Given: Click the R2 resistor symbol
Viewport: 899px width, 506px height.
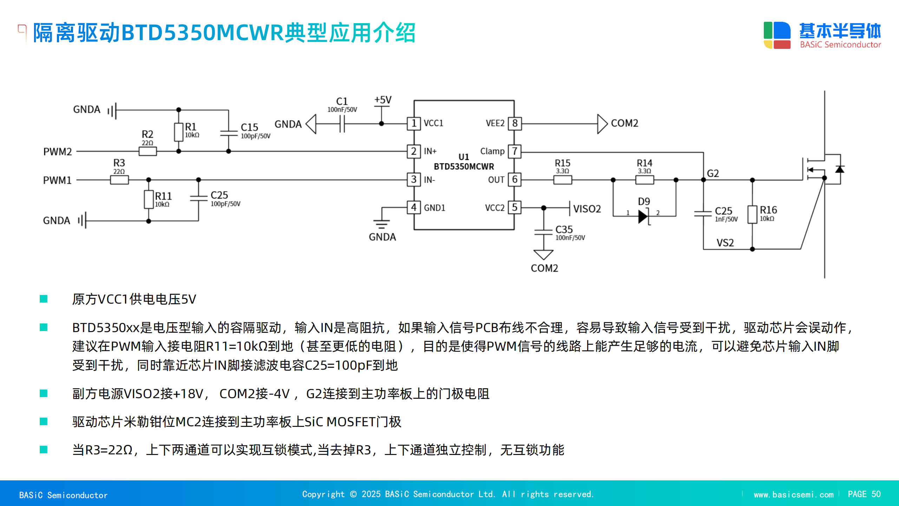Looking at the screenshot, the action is (147, 151).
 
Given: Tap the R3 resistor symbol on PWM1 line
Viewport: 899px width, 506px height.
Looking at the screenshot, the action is (119, 180).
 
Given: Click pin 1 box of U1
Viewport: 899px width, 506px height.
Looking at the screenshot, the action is (414, 123).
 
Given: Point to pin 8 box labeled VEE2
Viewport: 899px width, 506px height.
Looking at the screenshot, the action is (515, 123).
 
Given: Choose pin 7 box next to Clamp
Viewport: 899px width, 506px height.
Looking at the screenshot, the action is (515, 151).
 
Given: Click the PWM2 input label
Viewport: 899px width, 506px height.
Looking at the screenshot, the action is (58, 152).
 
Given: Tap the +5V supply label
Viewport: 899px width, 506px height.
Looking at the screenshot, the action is (383, 100).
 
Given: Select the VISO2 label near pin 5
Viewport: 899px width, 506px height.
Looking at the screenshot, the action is (587, 209).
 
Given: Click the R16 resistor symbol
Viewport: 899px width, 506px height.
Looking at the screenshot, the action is (752, 214).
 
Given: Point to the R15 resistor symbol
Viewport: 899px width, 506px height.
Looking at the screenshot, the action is (563, 180).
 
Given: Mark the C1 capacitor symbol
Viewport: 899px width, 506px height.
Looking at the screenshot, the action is (342, 124).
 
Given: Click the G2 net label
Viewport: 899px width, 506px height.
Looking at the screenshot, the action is (713, 174).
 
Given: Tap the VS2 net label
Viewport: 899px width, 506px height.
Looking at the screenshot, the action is (725, 243).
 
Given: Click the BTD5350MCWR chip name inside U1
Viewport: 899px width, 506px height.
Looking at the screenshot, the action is (464, 167).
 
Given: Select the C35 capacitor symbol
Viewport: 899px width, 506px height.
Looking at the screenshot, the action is (544, 232).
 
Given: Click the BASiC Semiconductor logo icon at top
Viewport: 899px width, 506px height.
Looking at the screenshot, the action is (777, 35).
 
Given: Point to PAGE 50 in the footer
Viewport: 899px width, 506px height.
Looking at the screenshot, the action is (864, 494).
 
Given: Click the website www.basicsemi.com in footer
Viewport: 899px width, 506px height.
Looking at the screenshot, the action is (794, 494).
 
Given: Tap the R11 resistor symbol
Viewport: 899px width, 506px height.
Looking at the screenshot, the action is (149, 200).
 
